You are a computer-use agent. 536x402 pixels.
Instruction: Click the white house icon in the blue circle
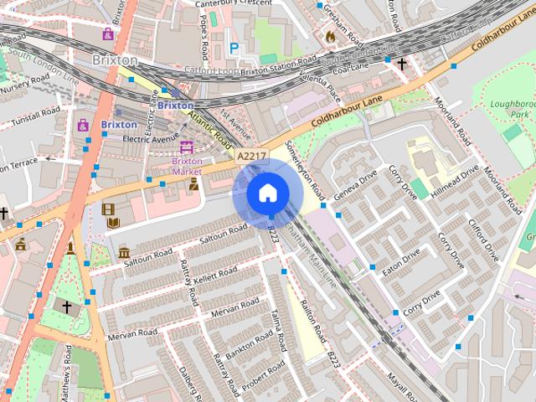[267, 193]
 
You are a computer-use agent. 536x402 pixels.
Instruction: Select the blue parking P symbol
[234, 49]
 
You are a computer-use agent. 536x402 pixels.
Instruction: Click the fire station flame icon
[330, 37]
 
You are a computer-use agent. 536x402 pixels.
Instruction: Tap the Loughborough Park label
[510, 110]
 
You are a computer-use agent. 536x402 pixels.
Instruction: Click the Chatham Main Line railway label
[311, 255]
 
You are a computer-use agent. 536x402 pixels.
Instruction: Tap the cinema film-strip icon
[108, 209]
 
